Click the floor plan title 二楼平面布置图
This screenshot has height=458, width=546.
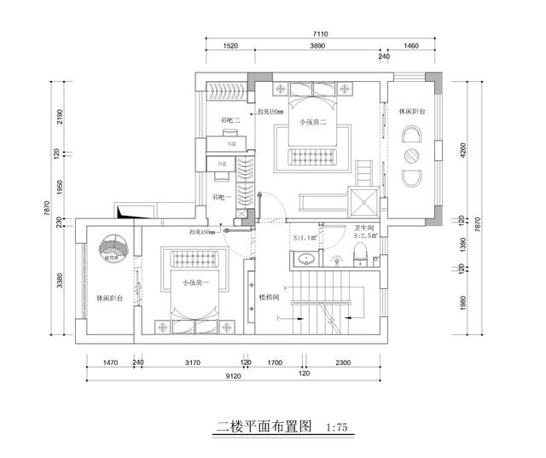266,426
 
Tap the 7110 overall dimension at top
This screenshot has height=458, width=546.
320,34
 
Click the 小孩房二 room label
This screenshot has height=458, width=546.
313,123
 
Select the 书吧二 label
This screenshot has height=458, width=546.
229,120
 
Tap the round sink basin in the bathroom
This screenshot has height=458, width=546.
305,258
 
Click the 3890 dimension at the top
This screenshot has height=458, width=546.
317,46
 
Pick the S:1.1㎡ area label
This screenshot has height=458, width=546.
305,238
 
